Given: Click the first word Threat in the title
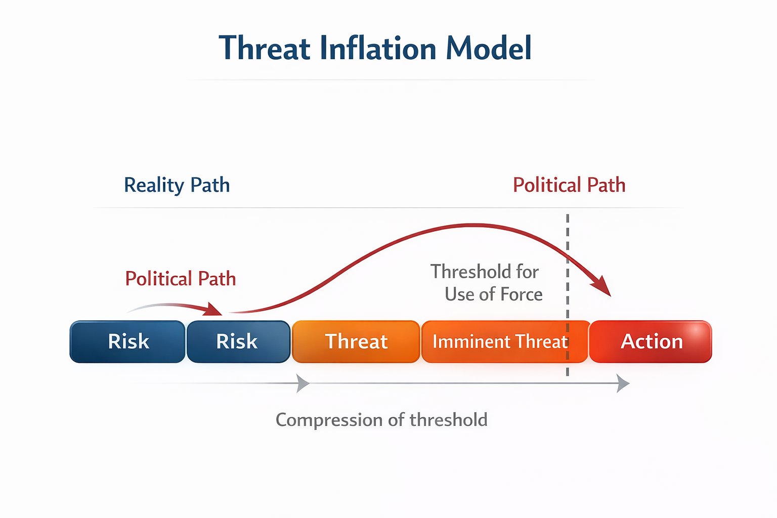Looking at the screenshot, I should tap(265, 49).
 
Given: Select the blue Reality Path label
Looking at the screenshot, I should tap(177, 185).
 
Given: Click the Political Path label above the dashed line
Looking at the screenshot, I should tap(569, 185).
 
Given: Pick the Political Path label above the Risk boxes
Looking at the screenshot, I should tap(181, 279).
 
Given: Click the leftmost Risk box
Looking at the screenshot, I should tap(128, 341).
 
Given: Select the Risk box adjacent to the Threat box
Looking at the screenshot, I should tap(238, 341).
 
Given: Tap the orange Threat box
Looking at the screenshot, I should tap(356, 341).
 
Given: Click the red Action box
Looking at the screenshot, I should tap(651, 341).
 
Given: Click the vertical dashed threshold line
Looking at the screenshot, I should tap(568, 243).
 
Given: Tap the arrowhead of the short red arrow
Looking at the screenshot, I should tap(214, 310).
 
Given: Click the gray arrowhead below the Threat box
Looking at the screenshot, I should tap(303, 383).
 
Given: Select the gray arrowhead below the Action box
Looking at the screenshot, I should tap(623, 383).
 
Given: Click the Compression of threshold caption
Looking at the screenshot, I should tap(381, 420).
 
